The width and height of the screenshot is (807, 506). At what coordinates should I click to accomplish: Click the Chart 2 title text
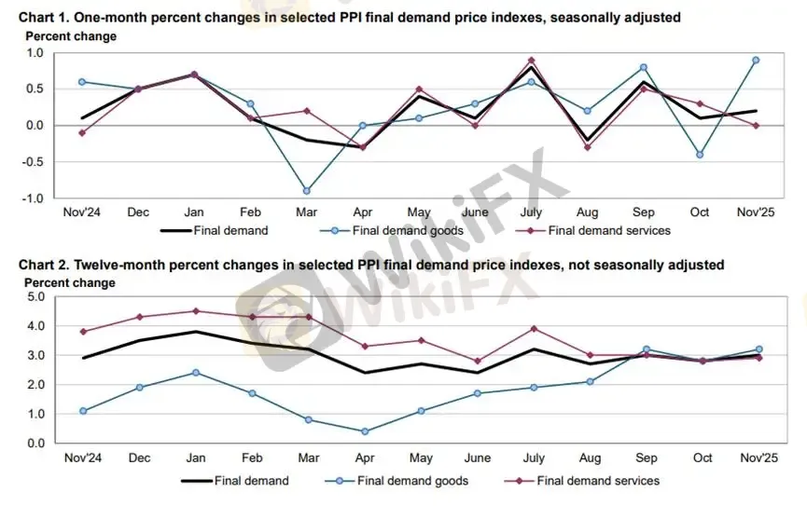pos(371,265)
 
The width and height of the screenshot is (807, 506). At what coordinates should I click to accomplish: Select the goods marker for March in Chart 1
pos(306,191)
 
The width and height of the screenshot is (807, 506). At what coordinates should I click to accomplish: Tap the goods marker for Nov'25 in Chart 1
pos(756,60)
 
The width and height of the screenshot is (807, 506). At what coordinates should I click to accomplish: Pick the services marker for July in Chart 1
pos(532,60)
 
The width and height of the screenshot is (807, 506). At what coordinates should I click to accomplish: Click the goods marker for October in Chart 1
pos(700,155)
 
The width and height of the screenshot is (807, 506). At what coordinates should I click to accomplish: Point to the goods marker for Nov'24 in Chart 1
pos(82,82)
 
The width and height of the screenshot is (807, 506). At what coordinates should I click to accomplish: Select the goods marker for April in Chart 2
pos(364,431)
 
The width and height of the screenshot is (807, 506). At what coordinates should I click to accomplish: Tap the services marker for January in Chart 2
pos(195,311)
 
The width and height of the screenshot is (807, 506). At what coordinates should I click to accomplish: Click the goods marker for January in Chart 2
pos(195,373)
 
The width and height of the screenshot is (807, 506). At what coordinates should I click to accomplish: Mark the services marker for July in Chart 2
pos(532,329)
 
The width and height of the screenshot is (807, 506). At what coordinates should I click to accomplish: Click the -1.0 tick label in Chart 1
pos(34,198)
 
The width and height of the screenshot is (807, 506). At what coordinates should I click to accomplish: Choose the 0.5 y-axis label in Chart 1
pos(35,89)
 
